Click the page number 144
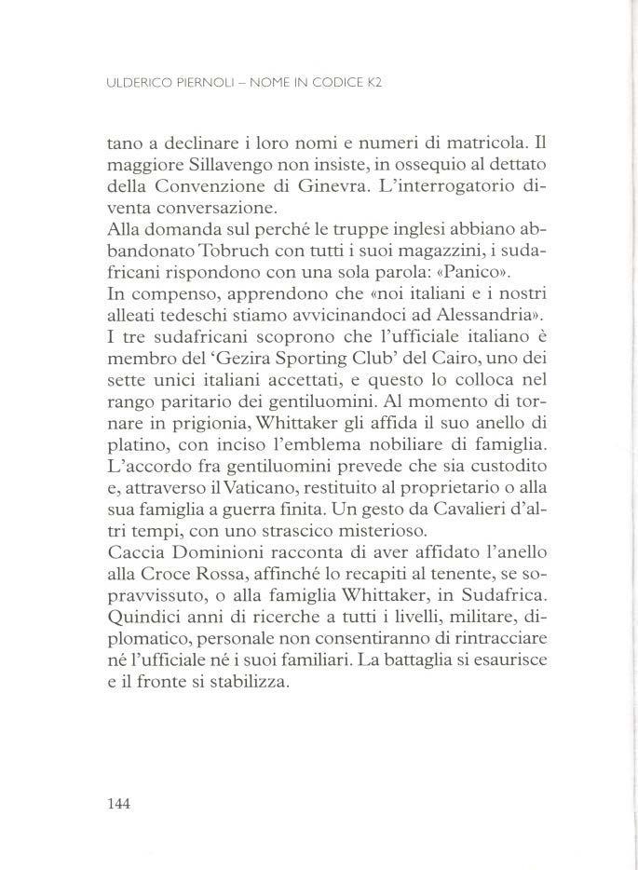(121, 803)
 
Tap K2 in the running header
(376, 82)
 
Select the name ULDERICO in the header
(136, 82)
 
